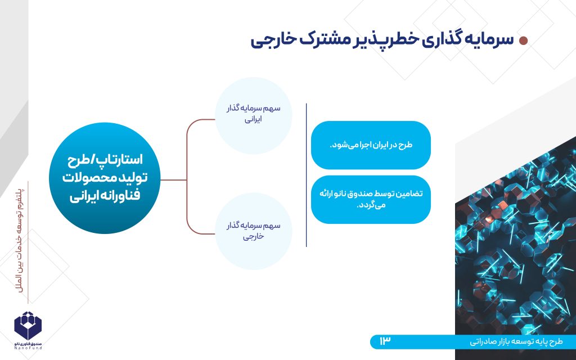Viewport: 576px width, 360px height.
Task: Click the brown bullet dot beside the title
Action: (x=523, y=40)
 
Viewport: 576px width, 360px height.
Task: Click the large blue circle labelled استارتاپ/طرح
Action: (x=105, y=178)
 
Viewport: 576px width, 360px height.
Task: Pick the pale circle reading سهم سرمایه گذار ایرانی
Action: (x=254, y=116)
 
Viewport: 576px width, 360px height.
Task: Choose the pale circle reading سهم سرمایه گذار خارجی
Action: (x=254, y=231)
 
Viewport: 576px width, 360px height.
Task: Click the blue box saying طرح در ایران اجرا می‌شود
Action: (x=371, y=145)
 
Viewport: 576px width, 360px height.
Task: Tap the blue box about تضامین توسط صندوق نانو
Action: (x=371, y=200)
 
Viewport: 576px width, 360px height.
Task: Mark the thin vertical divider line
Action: (x=307, y=175)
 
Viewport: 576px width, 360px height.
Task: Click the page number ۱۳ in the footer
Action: (x=385, y=341)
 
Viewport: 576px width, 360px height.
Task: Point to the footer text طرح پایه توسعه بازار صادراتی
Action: (x=516, y=342)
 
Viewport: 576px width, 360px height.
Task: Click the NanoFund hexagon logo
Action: (x=28, y=326)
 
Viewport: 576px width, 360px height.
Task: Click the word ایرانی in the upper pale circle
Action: (x=253, y=120)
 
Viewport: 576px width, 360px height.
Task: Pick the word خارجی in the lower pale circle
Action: (x=253, y=236)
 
